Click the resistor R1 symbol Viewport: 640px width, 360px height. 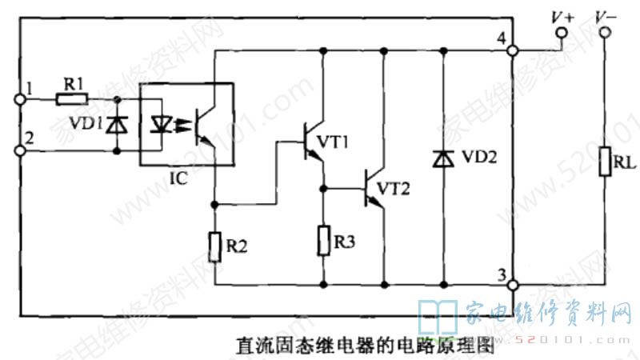click(71, 99)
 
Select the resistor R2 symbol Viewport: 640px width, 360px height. click(215, 247)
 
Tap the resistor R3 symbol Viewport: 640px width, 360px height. click(323, 240)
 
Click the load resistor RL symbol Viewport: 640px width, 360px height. click(605, 165)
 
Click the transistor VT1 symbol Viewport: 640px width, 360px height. click(310, 142)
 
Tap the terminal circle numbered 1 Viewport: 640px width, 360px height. click(21, 99)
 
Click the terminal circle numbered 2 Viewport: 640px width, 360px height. click(21, 149)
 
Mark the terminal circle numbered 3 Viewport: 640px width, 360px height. click(513, 284)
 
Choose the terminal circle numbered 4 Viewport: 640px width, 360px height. click(513, 50)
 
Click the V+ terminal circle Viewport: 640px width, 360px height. click(562, 33)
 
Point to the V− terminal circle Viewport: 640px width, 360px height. click(605, 33)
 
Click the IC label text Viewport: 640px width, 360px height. click(178, 178)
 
